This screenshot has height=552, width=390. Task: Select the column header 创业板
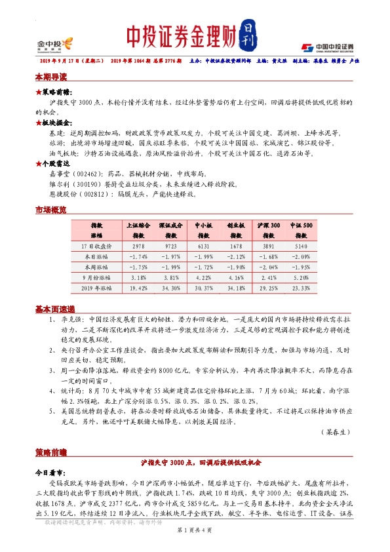coord(236,224)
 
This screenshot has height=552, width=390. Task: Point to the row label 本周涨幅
coord(97,266)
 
